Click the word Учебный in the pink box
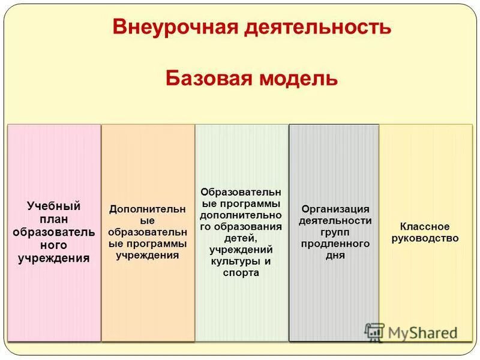tap(53, 206)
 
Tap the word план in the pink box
tap(53, 219)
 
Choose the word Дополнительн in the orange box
tap(148, 209)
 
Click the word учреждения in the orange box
tap(148, 255)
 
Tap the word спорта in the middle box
tap(242, 272)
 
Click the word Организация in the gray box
tap(335, 209)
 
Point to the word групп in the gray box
tap(335, 232)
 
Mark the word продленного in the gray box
tap(335, 244)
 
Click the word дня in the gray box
tap(335, 255)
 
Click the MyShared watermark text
tap(422, 332)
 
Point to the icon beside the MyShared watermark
tap(374, 332)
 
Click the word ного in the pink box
tap(53, 245)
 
